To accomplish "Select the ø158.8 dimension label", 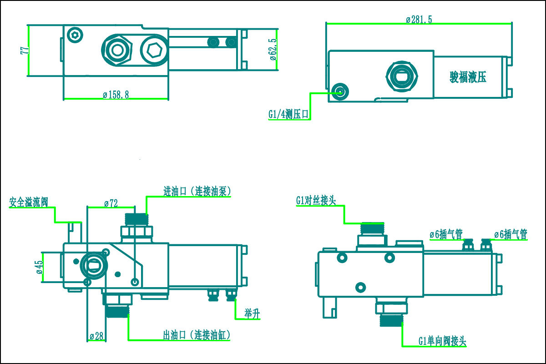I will pyautogui.click(x=116, y=95).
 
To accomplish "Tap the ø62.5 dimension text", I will pyautogui.click(x=273, y=51).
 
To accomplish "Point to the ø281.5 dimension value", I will pyautogui.click(x=419, y=19).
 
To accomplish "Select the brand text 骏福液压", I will pyautogui.click(x=468, y=77).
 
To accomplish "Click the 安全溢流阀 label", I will pyautogui.click(x=29, y=202).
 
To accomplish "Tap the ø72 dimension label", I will pyautogui.click(x=111, y=203).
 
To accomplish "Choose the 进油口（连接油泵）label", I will pyautogui.click(x=197, y=192).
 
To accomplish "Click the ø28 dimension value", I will pyautogui.click(x=96, y=336).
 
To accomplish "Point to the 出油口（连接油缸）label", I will pyautogui.click(x=197, y=336).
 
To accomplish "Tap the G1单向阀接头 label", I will pyautogui.click(x=442, y=341).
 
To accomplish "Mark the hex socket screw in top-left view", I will pyautogui.click(x=75, y=35).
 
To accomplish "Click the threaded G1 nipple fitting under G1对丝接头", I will pyautogui.click(x=372, y=228).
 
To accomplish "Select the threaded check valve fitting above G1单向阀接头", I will pyautogui.click(x=391, y=319).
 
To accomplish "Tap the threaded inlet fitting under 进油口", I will pyautogui.click(x=136, y=219).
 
